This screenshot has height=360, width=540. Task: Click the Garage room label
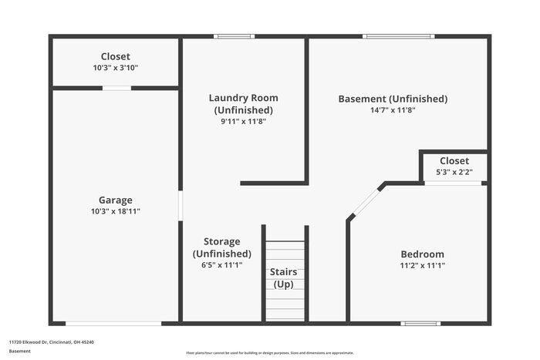(115, 200)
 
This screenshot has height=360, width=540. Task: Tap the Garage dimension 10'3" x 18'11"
(115, 211)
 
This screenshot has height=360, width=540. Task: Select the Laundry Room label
(243, 98)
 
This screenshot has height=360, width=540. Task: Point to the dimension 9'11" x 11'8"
(243, 121)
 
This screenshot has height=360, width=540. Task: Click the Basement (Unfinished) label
(393, 99)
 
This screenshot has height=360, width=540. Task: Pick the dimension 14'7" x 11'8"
(393, 110)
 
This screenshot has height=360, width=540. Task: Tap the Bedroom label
(422, 254)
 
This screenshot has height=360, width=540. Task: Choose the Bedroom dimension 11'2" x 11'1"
(422, 265)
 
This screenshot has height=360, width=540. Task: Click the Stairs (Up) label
(283, 278)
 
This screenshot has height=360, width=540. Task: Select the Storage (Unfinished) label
(221, 247)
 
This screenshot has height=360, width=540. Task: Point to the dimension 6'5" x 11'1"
(221, 265)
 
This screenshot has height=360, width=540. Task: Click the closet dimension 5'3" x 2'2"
(454, 172)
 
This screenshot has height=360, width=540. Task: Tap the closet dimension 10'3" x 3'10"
(115, 68)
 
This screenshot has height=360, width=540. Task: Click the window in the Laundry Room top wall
(234, 36)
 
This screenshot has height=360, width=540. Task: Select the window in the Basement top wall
(398, 36)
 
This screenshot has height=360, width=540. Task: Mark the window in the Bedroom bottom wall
(421, 323)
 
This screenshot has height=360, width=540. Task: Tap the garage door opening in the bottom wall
(113, 323)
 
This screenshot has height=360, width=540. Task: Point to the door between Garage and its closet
(116, 88)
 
